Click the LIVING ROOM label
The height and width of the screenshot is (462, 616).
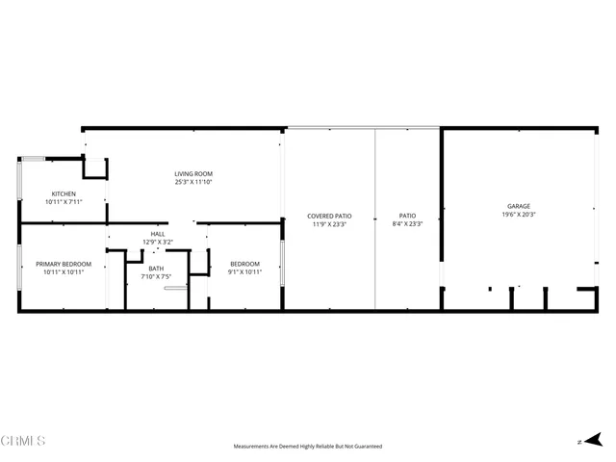(193, 173)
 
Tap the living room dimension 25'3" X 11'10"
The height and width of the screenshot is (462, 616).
(193, 182)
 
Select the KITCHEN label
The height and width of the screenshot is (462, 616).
(64, 193)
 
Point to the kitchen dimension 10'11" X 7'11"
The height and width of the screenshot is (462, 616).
(64, 202)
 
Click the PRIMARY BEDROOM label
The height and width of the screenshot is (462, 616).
(64, 264)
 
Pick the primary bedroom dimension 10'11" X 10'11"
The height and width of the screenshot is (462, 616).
(64, 272)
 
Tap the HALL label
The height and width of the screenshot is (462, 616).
(157, 234)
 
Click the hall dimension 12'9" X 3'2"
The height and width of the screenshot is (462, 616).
(157, 242)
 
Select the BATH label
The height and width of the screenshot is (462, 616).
(156, 269)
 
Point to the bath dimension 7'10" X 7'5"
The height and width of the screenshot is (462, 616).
(156, 277)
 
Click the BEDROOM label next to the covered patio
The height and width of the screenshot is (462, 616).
(244, 264)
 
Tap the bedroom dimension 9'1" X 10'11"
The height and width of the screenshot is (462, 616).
(244, 272)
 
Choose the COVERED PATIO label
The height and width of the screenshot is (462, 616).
(328, 216)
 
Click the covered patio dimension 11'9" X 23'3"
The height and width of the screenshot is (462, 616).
(328, 224)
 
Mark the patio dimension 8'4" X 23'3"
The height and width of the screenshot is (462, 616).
(408, 224)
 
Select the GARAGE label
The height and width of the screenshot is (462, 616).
(519, 206)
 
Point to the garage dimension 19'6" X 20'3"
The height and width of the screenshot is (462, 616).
(519, 215)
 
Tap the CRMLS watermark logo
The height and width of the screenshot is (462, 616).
(23, 442)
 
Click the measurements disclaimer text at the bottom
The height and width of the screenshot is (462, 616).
(308, 447)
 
